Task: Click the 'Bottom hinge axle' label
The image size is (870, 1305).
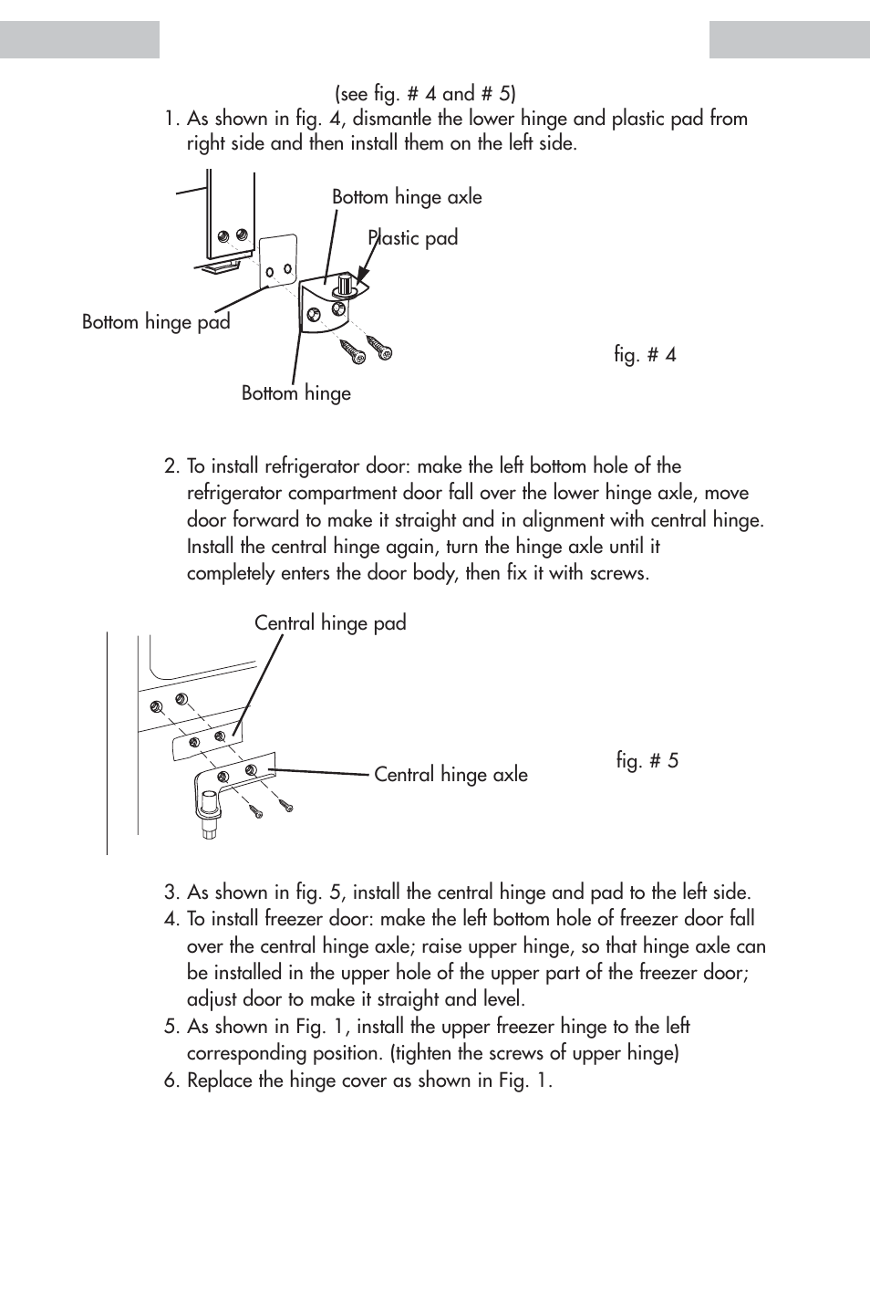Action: point(407,197)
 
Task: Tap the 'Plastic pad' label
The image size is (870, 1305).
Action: point(413,238)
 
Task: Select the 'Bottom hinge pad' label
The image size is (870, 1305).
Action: point(156,322)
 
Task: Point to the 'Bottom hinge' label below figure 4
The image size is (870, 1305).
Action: point(295,393)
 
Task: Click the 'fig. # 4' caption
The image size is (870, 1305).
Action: point(645,355)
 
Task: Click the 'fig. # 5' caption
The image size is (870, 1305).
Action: point(647,761)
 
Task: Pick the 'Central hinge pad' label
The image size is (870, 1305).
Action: point(330,623)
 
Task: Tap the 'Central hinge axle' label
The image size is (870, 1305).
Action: point(451,775)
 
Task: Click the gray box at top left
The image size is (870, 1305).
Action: point(79,39)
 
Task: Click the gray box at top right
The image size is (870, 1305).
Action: point(789,39)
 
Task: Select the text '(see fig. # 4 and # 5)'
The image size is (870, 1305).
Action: point(425,94)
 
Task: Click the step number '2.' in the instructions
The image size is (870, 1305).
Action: point(172,466)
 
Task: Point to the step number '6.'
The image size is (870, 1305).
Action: point(172,1081)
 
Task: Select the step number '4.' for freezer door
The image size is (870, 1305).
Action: point(172,919)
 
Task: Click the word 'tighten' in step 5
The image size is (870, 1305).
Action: point(424,1053)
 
